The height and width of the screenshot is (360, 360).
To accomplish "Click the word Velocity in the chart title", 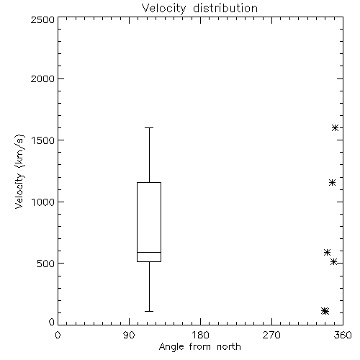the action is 164,9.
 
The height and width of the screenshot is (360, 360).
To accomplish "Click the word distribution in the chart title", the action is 225,8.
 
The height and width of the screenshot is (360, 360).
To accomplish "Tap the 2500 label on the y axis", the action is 42,19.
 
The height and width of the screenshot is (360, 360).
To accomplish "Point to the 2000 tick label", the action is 42,79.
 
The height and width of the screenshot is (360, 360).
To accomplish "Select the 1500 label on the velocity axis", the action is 43,140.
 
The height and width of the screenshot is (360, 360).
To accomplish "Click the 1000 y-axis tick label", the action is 43,202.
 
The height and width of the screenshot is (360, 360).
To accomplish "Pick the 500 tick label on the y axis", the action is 46,264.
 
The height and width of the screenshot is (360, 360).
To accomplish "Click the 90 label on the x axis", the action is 129,335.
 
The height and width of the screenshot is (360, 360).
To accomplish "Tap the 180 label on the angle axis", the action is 200,335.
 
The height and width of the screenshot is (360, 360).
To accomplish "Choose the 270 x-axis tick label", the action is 271,335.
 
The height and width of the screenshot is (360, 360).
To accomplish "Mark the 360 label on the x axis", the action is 343,335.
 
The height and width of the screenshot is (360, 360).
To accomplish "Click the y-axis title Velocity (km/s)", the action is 19,171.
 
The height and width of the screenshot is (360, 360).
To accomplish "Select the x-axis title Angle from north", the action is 200,347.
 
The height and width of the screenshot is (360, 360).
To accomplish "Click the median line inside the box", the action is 149,252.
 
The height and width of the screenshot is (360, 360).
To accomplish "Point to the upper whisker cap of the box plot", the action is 149,128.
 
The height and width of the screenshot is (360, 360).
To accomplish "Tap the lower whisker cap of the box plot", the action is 149,311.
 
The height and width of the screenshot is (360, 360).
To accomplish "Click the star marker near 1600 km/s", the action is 336,127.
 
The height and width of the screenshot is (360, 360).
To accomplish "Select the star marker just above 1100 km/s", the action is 332,183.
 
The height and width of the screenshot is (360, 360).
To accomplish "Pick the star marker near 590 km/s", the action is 328,252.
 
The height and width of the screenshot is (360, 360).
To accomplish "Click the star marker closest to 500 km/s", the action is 334,261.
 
